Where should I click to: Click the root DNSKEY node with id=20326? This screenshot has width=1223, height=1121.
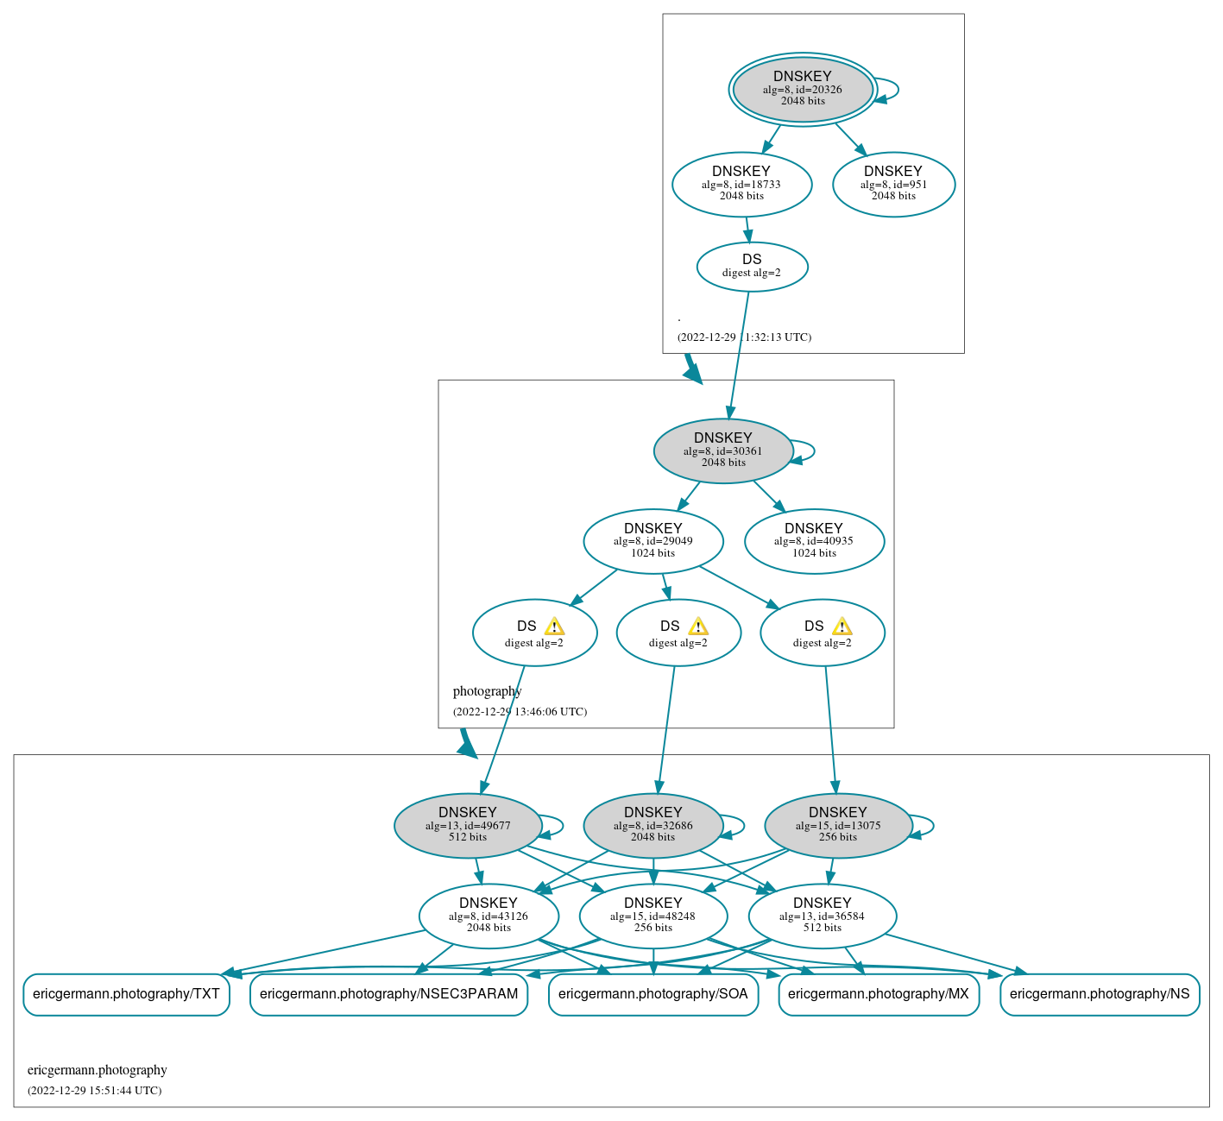point(803,89)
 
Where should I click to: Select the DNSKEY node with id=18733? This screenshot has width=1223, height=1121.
point(741,184)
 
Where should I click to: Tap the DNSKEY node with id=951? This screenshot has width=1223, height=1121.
point(893,184)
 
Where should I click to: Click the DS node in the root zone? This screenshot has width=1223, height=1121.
point(752,267)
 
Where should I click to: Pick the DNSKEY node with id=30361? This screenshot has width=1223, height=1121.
point(723,450)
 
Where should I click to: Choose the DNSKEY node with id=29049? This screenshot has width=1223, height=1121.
point(653,541)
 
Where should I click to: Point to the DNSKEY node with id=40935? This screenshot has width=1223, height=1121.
point(814,541)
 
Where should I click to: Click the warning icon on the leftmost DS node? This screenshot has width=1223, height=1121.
point(554,627)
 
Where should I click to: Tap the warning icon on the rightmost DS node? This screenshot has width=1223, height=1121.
point(842,627)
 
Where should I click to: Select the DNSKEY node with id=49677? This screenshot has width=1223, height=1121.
point(468,825)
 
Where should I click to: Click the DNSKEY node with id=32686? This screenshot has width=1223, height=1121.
point(653,825)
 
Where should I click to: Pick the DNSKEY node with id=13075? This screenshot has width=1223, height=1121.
point(838,825)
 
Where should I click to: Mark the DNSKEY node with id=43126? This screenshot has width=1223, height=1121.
point(489,916)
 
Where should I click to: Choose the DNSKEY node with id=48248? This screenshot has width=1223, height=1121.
point(653,916)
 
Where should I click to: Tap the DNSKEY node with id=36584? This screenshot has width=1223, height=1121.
point(822,916)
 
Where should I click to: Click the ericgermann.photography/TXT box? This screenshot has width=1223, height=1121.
point(126,994)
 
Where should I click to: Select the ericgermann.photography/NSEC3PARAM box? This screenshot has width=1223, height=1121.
point(388,994)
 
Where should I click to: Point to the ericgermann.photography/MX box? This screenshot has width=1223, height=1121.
point(879,994)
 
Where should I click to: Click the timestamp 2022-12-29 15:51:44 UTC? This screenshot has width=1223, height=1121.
point(95,1091)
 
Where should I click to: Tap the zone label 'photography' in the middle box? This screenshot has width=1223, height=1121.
point(488,691)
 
